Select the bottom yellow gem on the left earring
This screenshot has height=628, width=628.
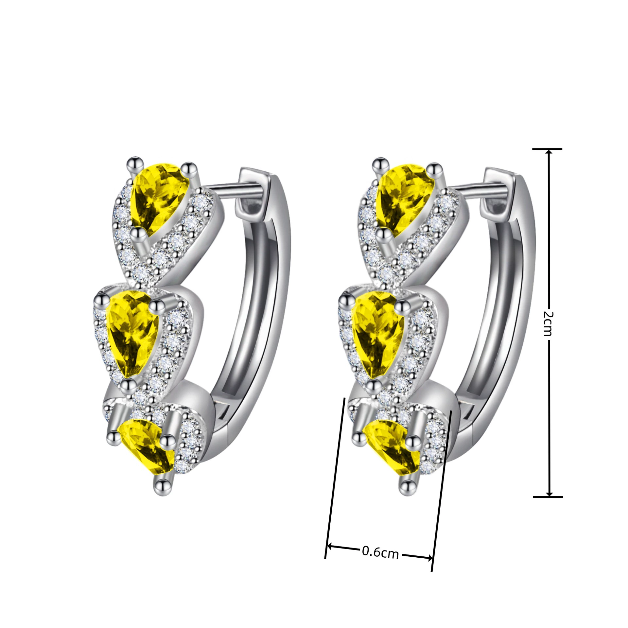pyautogui.click(x=147, y=447)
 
